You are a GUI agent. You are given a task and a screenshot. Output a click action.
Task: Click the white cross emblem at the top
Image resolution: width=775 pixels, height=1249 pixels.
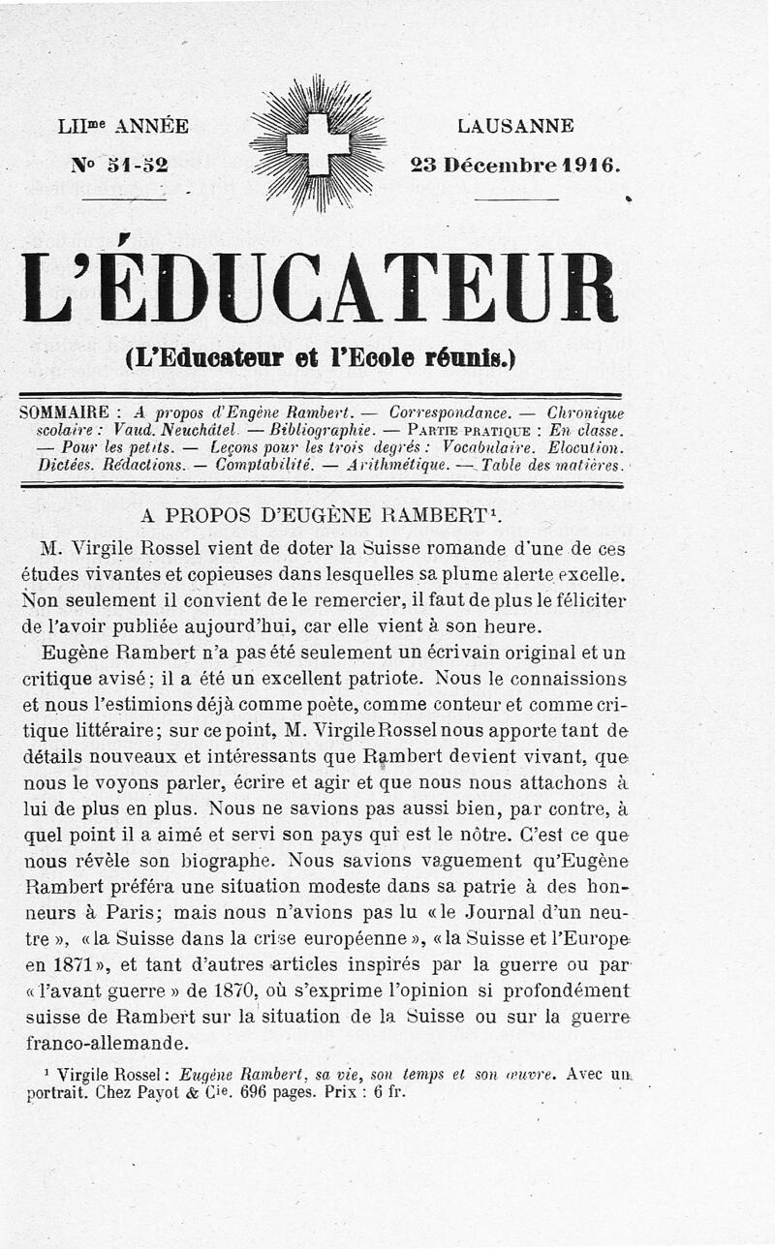pos(318,143)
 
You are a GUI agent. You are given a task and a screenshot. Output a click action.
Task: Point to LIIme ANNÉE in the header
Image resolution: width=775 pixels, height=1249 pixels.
pos(123,126)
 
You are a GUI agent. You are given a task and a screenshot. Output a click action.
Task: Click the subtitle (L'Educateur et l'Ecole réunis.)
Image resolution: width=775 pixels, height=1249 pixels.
pos(321,356)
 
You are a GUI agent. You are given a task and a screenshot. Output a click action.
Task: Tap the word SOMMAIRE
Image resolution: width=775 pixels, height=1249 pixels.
pos(65,411)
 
